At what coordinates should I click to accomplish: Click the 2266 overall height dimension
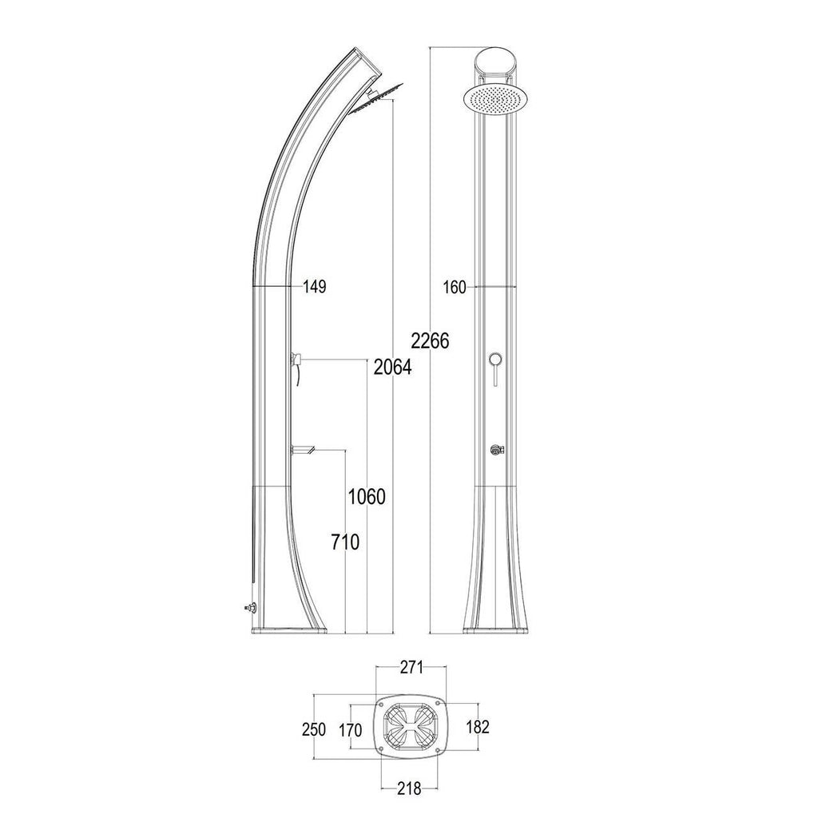pos(430,340)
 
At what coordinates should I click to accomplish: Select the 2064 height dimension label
pos(393,367)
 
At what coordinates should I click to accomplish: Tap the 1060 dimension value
pos(367,497)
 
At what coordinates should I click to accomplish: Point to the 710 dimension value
pos(345,542)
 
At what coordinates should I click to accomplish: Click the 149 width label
pos(315,287)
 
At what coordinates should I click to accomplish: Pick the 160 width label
pos(455,288)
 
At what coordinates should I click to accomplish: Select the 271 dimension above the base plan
pos(411,667)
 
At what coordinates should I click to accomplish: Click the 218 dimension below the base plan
pos(410,788)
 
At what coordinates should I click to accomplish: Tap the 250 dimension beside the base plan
pos(314,729)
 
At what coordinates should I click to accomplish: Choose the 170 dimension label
pos(351,730)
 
